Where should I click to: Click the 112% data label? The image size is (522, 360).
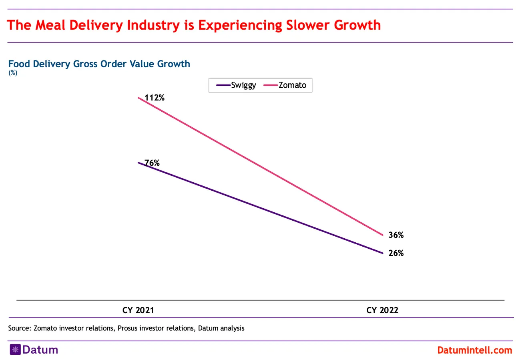tap(155, 97)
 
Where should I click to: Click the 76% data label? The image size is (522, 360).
tap(152, 163)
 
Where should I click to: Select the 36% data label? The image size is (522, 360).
tap(396, 235)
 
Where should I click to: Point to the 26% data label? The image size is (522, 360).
tap(396, 253)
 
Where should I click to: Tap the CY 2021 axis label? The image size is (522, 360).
tap(138, 310)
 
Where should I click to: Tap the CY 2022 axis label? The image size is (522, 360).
tap(382, 310)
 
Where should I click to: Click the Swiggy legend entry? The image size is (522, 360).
tap(243, 85)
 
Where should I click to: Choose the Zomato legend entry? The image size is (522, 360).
tap(292, 85)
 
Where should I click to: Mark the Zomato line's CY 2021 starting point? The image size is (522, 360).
tap(139, 97)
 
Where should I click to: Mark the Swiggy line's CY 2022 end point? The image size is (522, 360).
tap(382, 253)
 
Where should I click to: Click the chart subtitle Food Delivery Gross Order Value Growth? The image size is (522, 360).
tap(99, 64)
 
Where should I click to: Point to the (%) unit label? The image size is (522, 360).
tap(13, 73)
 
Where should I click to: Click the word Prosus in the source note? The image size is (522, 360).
tap(128, 328)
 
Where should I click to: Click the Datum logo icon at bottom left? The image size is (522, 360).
tap(15, 350)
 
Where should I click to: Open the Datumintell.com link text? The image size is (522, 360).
tap(474, 350)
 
